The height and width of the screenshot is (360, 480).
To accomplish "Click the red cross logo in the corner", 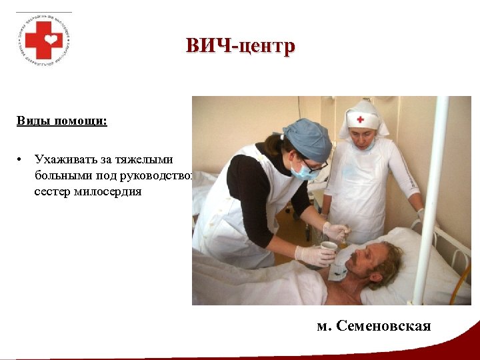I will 44,39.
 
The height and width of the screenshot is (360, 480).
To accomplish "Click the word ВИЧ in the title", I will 207,46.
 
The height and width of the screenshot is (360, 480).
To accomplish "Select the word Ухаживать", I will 67,160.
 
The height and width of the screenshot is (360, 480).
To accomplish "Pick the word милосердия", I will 108,191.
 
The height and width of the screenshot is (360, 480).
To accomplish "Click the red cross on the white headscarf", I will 360,119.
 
